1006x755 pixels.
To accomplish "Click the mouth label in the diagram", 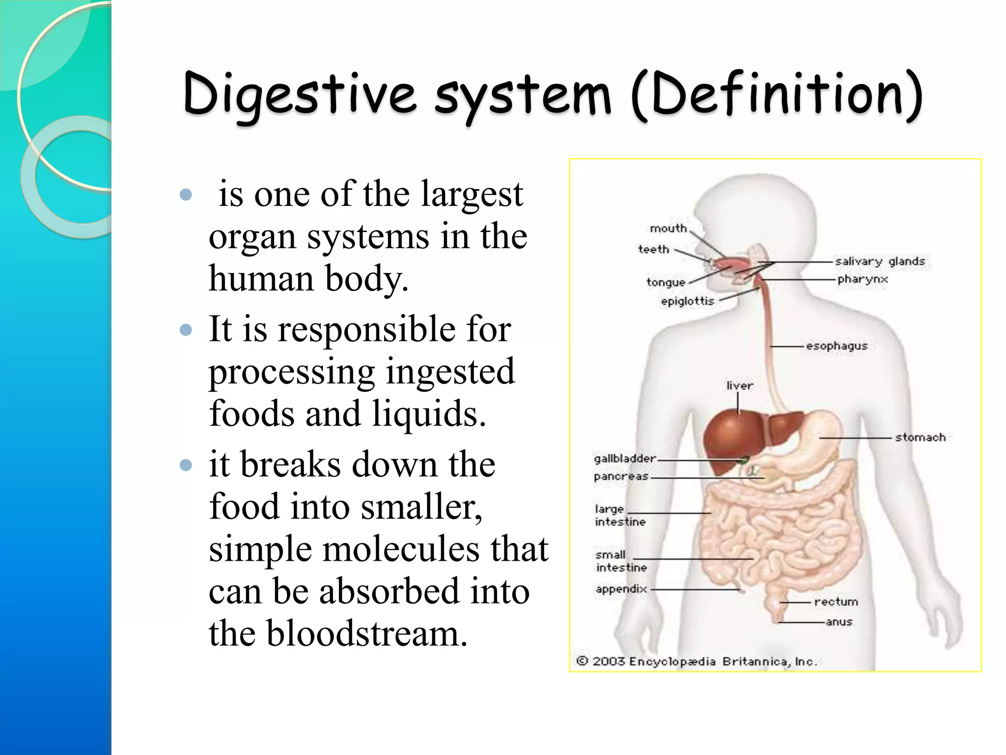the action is [x=668, y=229].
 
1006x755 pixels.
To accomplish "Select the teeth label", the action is [x=653, y=250].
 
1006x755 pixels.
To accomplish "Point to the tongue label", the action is [x=666, y=282].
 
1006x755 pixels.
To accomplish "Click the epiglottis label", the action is [x=687, y=301].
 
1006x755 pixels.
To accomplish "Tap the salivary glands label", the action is [x=880, y=261].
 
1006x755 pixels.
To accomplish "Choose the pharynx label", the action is [x=863, y=279].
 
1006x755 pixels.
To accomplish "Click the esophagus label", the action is [x=837, y=346].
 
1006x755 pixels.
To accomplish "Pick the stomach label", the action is [x=920, y=437].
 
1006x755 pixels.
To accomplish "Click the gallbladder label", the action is [x=625, y=459].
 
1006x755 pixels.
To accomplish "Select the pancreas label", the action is [x=621, y=477].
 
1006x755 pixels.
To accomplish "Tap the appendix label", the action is [x=621, y=589].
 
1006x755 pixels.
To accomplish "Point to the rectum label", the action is [x=836, y=602].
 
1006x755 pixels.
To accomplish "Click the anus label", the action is [x=839, y=622].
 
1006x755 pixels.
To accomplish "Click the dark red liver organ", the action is [x=732, y=437].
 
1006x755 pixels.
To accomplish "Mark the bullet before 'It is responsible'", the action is [x=186, y=329].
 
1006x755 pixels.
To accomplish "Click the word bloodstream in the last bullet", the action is [x=366, y=633].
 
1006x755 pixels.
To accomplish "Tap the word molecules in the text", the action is [x=400, y=549].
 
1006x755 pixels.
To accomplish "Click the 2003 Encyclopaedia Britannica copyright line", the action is [x=697, y=662].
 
